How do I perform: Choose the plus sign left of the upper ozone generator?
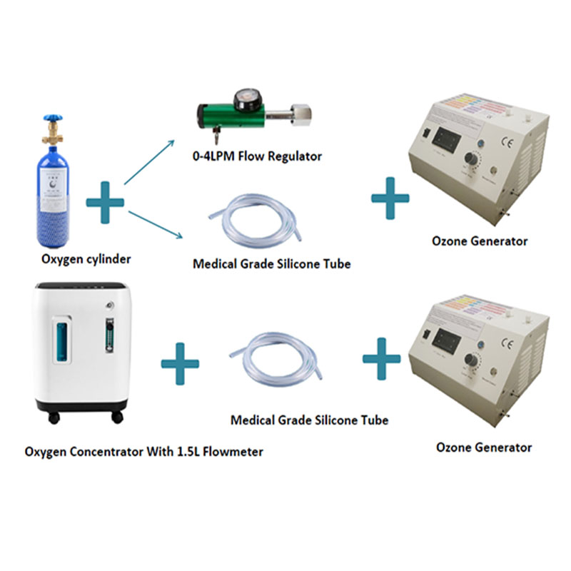pos(390,197)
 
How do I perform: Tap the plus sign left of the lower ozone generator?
pos(381,355)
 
